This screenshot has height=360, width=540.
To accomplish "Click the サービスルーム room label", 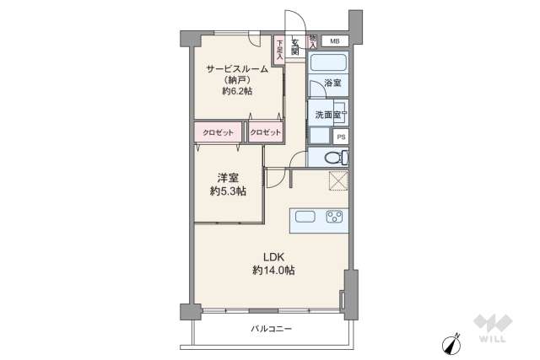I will tap(238, 68).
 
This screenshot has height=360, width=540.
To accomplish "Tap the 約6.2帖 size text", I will tap(238, 91).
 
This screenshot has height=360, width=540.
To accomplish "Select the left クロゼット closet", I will tap(218, 132).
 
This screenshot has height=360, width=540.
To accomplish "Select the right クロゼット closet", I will tap(265, 132).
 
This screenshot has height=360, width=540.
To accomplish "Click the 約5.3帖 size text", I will tap(228, 191).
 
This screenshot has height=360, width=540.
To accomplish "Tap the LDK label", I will tap(273, 256).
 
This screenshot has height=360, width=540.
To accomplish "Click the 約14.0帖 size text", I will tap(273, 270).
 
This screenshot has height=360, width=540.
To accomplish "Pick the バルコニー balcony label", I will tap(272, 328).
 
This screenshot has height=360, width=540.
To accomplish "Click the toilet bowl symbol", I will tap(332, 157).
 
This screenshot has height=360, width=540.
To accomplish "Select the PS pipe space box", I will tap(341, 137).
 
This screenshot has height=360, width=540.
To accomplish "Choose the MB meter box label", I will tap(334, 40).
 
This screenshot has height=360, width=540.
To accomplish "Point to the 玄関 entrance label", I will tap(295, 46).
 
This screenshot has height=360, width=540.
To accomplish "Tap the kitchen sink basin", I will tap(305, 217).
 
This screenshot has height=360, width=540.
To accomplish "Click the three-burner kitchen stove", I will tap(334, 217).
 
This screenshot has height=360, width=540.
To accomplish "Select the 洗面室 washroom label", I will tap(326, 115).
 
